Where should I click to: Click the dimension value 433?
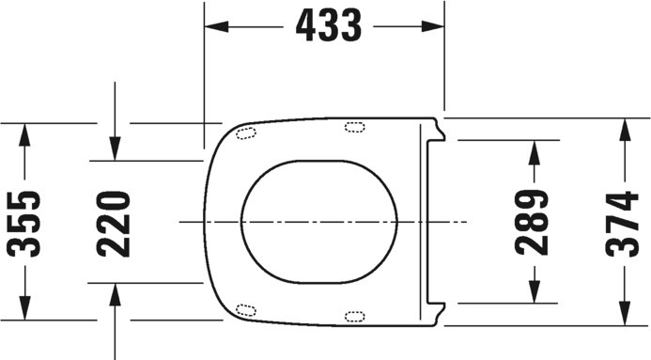point(329,25)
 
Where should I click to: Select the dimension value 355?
point(23,224)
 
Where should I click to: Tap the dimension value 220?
point(114,225)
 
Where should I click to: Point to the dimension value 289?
point(532,222)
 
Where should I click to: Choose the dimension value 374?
point(622,225)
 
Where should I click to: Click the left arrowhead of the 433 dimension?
point(217,26)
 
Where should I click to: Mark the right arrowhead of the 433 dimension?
point(433,26)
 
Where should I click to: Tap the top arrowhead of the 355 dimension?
point(24,135)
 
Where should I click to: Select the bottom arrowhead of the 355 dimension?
point(24,308)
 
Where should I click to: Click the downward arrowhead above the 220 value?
point(115,149)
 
